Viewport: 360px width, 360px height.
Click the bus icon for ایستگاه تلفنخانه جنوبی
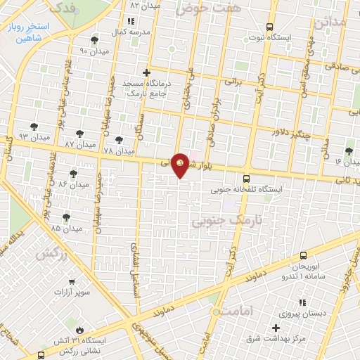pyautogui.click(x=246, y=179)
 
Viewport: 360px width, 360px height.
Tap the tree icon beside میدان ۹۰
pyautogui.click(x=95, y=41)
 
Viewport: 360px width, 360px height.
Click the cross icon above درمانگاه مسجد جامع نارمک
pyautogui.click(x=146, y=72)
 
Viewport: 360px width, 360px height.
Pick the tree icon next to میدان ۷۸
pyautogui.click(x=119, y=140)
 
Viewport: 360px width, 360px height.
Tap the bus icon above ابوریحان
pyautogui.click(x=303, y=256)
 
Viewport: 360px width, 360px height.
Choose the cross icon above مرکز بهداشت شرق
pyautogui.click(x=276, y=328)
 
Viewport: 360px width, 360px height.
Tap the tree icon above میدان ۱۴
pyautogui.click(x=349, y=151)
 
